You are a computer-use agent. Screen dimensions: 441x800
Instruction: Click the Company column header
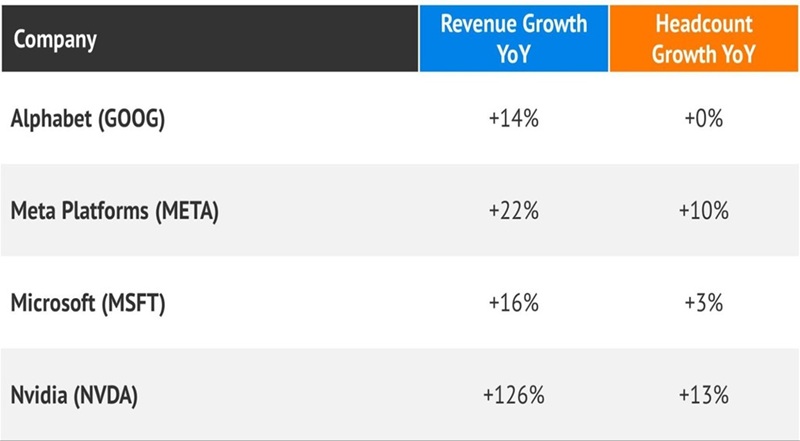point(55,40)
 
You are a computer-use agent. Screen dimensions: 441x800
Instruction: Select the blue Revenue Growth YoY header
point(513,37)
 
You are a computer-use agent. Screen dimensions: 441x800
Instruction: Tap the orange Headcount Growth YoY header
point(703,37)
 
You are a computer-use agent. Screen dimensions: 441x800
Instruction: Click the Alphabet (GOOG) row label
point(87,118)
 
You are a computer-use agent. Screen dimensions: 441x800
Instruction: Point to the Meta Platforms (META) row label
point(115,211)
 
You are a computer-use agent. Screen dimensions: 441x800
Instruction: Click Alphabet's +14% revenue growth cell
point(513,119)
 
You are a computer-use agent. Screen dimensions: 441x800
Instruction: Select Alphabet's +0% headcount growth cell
point(703,119)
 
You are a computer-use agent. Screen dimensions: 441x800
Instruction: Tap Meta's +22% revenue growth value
point(513,211)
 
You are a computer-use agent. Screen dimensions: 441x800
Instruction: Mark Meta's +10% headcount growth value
point(703,211)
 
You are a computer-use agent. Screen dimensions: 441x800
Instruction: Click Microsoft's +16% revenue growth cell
point(513,303)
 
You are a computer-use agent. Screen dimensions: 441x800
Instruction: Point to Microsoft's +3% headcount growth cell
point(703,303)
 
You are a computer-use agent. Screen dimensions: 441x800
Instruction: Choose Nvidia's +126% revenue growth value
point(513,395)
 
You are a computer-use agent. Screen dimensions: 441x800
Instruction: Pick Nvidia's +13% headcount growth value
point(703,395)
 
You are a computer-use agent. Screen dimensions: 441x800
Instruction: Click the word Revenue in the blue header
point(473,23)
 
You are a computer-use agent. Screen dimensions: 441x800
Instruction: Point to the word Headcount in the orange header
point(703,23)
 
